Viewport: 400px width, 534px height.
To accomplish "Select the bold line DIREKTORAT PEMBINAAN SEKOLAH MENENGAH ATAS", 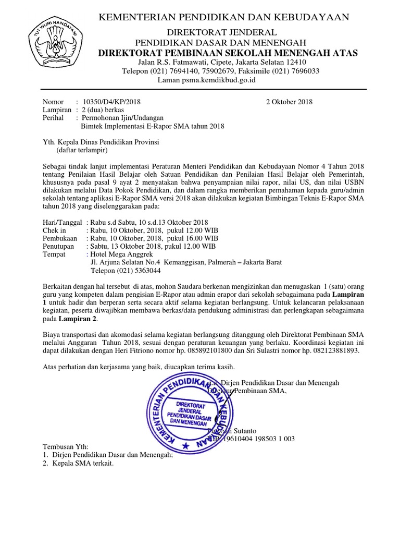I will point(228,53).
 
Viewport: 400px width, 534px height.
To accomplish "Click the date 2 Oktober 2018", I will point(289,102).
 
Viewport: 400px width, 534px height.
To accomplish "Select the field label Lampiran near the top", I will point(56,110).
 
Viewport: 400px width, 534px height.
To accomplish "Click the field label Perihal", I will point(53,118).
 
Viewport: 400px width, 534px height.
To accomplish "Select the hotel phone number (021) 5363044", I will point(139,271).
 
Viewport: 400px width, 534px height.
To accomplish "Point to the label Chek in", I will point(54,230).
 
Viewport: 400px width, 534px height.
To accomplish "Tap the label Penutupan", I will point(57,246).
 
